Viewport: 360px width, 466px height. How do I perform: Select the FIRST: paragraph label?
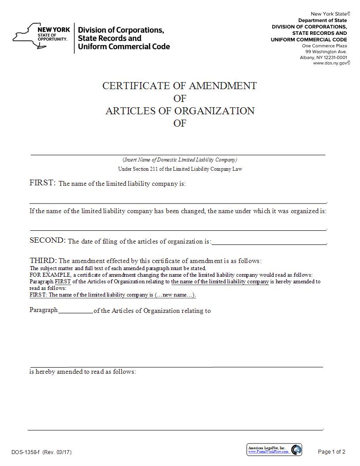click(42, 183)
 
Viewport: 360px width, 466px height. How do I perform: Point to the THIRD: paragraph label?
click(43, 260)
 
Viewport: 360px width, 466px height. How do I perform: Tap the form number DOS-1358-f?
click(26, 452)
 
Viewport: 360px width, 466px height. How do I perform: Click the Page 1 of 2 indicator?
click(331, 451)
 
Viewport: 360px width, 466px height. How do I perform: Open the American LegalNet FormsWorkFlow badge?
click(274, 450)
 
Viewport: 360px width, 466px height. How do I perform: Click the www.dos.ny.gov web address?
click(331, 63)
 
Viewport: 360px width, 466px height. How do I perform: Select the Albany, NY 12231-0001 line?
click(323, 57)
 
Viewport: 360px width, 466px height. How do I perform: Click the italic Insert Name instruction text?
click(180, 160)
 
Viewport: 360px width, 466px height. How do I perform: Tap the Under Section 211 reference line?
click(180, 169)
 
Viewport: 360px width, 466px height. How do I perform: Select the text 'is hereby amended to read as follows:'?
click(82, 372)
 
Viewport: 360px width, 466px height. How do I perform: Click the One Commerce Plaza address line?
click(324, 46)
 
